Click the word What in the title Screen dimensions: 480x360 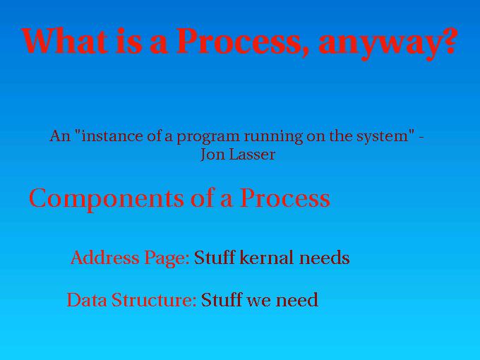[x=64, y=41]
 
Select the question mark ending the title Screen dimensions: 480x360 [x=447, y=41]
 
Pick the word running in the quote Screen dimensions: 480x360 [x=273, y=137]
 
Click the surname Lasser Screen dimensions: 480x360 [x=252, y=155]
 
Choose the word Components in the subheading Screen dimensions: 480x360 [x=107, y=199]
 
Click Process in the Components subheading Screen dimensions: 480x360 [x=284, y=198]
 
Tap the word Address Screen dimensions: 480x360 [x=104, y=258]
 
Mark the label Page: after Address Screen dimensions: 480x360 [x=167, y=258]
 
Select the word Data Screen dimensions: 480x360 [x=87, y=300]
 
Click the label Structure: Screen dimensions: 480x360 [x=154, y=300]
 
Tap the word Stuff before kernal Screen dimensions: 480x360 [x=215, y=258]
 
